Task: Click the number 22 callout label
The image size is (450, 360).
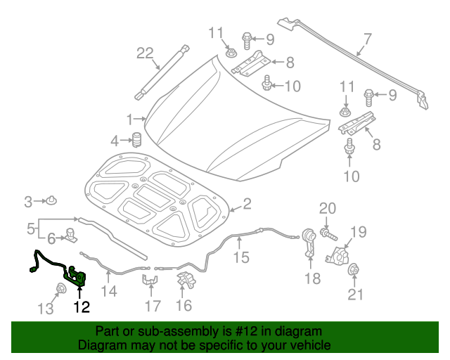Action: point(144,53)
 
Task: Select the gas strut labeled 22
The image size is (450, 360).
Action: point(163,70)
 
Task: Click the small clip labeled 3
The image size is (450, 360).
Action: point(53,202)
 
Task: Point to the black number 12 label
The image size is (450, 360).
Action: point(82,307)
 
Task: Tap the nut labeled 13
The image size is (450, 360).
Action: point(62,288)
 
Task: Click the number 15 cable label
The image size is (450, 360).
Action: point(241,257)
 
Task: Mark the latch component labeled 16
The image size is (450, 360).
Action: point(186,279)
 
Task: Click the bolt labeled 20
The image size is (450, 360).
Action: point(327,231)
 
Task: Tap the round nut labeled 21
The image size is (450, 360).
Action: point(355,270)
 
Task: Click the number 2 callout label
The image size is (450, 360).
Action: point(247,204)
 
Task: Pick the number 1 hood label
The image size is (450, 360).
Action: point(129,118)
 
